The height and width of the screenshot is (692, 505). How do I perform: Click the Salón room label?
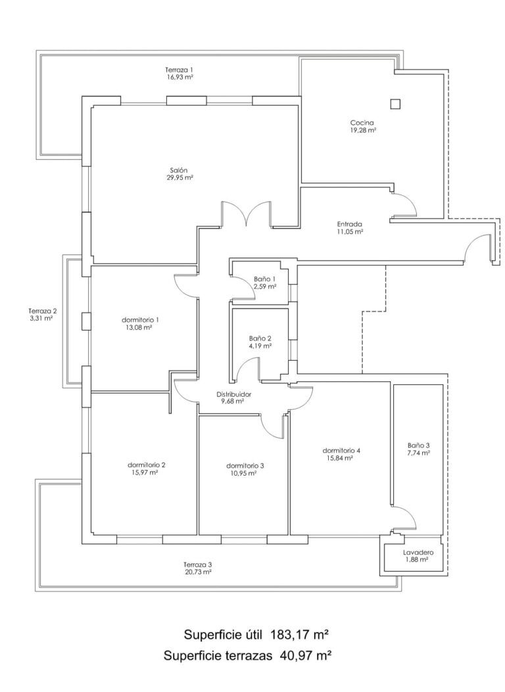[x=178, y=170]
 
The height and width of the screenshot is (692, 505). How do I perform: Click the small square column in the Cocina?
[x=395, y=104]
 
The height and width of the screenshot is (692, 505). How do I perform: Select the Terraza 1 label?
[x=179, y=70]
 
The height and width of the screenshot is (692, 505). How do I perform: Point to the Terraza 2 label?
[x=42, y=310]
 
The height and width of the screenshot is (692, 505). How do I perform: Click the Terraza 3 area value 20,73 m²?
[x=198, y=572]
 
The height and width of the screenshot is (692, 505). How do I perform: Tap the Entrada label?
[x=350, y=224]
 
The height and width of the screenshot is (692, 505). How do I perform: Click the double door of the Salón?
[x=247, y=214]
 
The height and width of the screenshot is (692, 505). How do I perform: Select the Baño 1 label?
[x=265, y=279]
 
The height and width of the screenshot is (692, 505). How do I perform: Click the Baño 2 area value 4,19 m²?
[x=260, y=346]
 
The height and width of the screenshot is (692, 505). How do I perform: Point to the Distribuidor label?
[x=233, y=394]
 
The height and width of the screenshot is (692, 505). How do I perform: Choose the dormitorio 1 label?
[x=140, y=319]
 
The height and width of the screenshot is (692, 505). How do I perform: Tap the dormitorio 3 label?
[x=245, y=465]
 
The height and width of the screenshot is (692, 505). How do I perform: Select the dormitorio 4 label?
[x=342, y=451]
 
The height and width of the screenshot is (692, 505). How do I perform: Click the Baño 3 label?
[x=418, y=446]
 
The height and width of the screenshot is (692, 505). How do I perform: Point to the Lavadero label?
[x=418, y=552]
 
